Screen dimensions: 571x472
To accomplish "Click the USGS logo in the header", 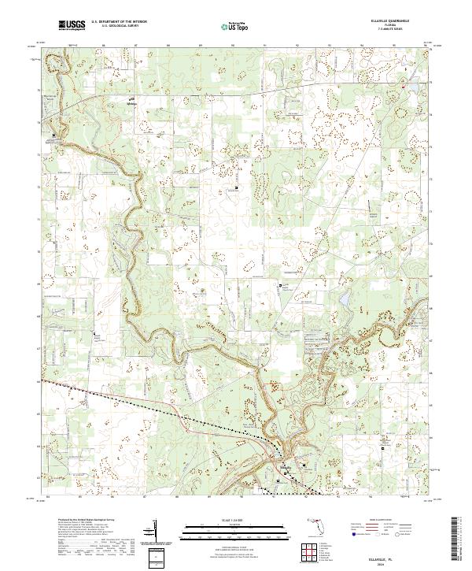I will [71, 25].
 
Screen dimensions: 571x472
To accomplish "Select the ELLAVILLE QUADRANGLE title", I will [385, 21].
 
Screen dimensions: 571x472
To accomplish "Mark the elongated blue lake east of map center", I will [344, 300].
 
